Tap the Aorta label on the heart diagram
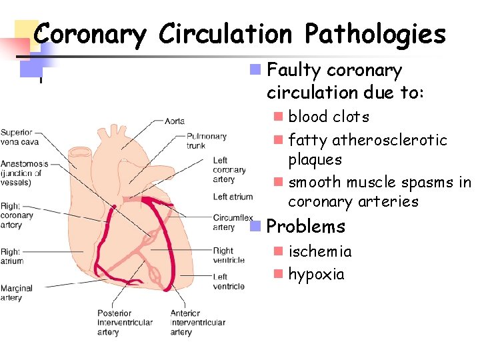click(175, 121)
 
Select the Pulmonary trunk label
click(207, 141)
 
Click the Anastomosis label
click(24, 173)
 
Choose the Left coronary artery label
click(229, 169)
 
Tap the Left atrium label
click(233, 197)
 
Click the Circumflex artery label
click(233, 222)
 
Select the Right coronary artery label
click(17, 215)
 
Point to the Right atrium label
click(12, 256)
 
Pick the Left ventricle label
click(229, 281)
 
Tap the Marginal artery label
click(17, 293)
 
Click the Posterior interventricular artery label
click(125, 323)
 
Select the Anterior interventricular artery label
click(197, 323)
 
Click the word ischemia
click(319, 251)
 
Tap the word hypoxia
click(316, 274)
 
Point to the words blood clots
click(328, 117)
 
